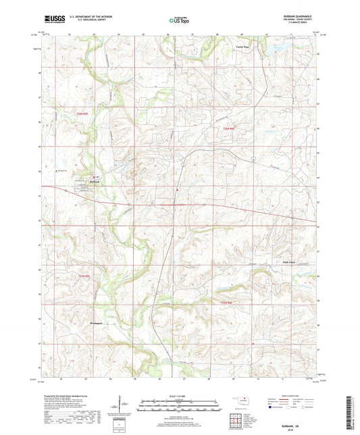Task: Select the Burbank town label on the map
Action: click(x=97, y=182)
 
